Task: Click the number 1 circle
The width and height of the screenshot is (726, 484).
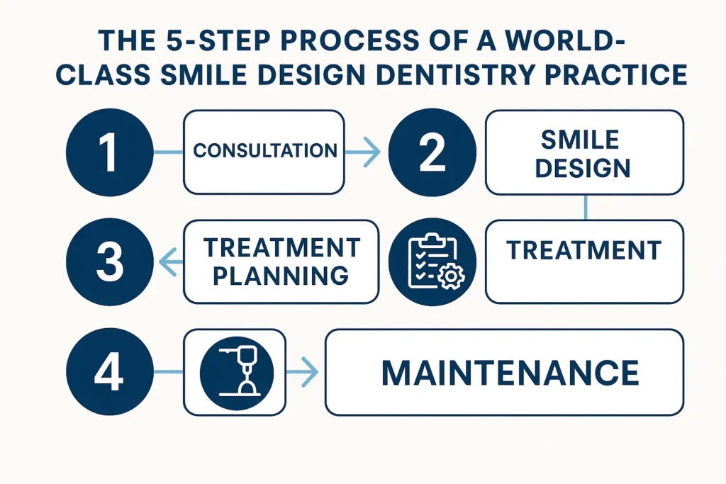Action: [109, 152]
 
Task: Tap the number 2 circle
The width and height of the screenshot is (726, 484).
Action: [432, 152]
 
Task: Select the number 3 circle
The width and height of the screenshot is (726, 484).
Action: [109, 261]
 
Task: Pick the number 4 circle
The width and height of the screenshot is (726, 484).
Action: [109, 372]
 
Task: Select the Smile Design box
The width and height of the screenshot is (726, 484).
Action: [584, 152]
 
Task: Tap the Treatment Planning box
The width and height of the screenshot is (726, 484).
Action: [281, 261]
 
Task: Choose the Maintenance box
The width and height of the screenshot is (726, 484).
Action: [504, 372]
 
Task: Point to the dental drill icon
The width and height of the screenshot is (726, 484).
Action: [235, 372]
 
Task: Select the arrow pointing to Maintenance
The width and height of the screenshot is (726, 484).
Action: [304, 372]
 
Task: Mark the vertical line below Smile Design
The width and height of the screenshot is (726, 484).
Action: [585, 207]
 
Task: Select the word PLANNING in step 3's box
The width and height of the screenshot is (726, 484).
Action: [281, 275]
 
